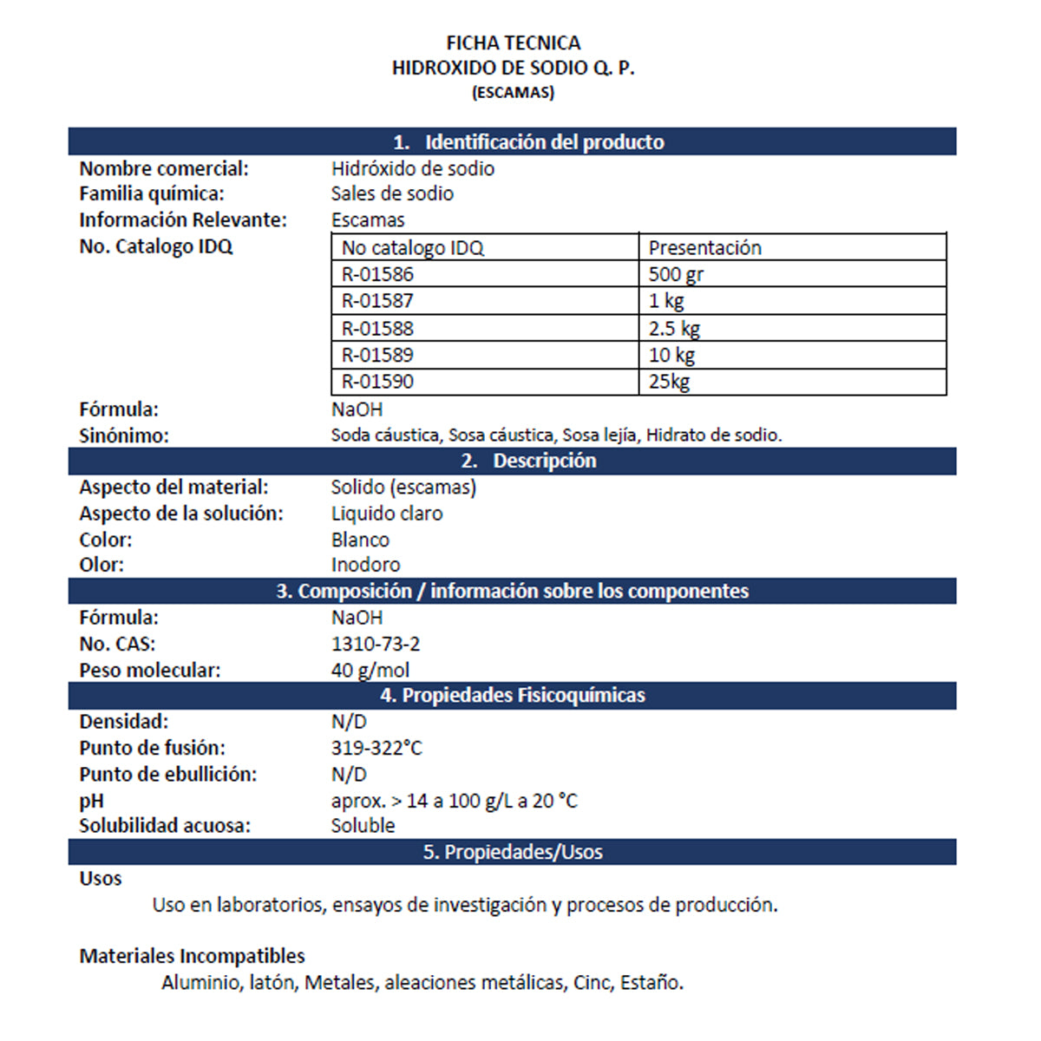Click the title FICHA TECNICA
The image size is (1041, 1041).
pos(513,43)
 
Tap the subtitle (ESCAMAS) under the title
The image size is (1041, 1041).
pos(513,92)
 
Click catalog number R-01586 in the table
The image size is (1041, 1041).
pos(377,274)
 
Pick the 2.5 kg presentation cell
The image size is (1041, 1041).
pos(674,328)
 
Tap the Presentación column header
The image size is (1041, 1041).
pos(704,247)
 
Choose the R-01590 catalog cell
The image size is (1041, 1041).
pos(377,381)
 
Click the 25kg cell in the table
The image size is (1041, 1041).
pos(669,381)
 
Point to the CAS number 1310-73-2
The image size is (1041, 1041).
pos(376,644)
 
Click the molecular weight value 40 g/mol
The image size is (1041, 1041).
pos(370,670)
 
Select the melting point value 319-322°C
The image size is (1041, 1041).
pos(376,748)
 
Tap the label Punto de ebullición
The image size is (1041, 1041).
pos(167,774)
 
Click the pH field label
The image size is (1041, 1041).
pos(91,801)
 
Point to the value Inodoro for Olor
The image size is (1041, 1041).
pos(365,565)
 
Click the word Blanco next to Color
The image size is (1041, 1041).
pos(360,540)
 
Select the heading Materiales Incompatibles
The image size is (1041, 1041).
pos(192,956)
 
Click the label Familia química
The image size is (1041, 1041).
pos(151,193)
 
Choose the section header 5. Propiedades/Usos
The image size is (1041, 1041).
pos(512,852)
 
